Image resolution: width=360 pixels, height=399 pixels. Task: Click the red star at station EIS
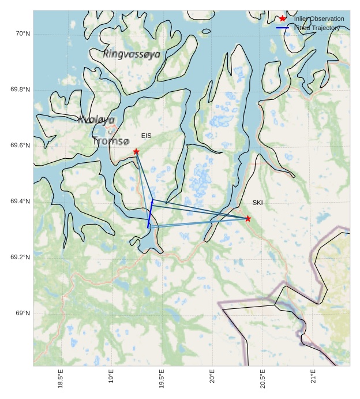(136, 152)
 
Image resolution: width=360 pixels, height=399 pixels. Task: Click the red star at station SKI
(248, 218)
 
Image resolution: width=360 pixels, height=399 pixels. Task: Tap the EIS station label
(147, 136)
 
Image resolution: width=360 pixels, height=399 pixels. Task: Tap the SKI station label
(257, 203)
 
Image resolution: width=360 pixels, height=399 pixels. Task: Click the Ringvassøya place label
(132, 54)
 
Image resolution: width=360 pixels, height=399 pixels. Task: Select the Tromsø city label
(111, 141)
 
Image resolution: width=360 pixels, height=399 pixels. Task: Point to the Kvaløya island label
(96, 120)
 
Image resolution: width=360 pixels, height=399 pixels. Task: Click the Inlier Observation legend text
(319, 19)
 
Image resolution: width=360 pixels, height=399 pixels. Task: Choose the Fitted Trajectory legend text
(317, 28)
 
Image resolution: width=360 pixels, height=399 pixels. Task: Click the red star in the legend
(283, 18)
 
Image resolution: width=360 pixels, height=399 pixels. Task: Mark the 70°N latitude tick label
(22, 33)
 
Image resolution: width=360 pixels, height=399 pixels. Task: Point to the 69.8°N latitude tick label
(20, 90)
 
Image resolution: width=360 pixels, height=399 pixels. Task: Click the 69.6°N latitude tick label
(20, 146)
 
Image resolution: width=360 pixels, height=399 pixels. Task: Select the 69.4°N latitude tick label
(20, 202)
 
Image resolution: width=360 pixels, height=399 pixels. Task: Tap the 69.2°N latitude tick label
(20, 258)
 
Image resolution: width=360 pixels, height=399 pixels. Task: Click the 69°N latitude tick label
(22, 314)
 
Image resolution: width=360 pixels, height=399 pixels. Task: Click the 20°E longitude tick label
(212, 378)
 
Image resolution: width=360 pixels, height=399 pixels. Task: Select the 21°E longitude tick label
(313, 378)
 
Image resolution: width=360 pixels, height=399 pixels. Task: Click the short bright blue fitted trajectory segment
(150, 215)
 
